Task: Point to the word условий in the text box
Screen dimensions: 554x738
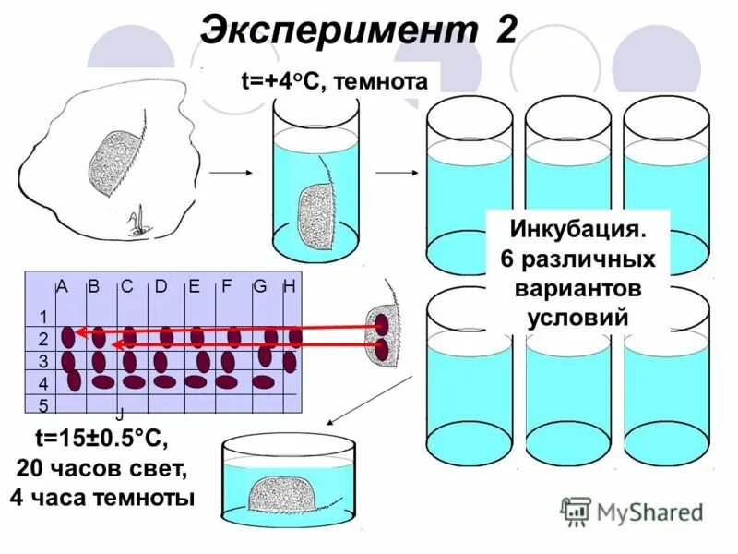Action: (x=577, y=317)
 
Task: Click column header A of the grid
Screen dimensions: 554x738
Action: (x=63, y=286)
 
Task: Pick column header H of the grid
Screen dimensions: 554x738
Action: (x=289, y=286)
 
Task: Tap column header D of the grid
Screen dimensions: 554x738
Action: (x=161, y=286)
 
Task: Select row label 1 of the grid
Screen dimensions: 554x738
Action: (x=42, y=317)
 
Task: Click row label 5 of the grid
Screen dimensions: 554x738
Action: (x=42, y=404)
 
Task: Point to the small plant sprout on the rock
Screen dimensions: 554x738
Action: (x=137, y=222)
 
